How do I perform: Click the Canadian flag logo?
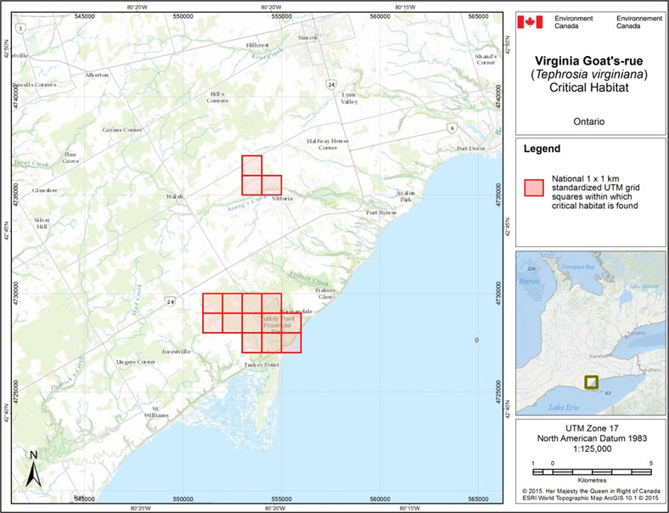(530, 21)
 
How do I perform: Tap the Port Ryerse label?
(381, 212)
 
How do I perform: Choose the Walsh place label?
(176, 196)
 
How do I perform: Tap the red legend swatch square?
(532, 188)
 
